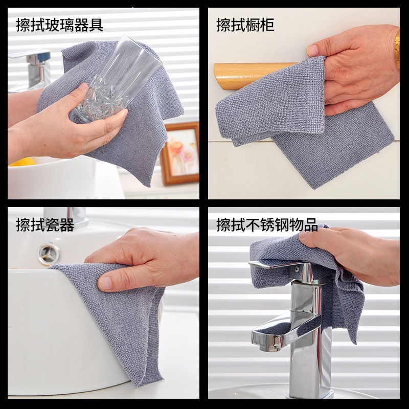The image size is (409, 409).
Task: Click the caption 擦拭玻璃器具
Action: click(x=59, y=25)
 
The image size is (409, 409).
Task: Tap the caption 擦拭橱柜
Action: click(x=245, y=25)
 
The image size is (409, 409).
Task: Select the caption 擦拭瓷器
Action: click(x=45, y=224)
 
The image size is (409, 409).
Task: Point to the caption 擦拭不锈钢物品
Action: click(x=267, y=224)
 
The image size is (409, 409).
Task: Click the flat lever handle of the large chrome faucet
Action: click(x=277, y=265)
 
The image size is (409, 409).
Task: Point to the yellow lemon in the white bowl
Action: click(x=22, y=162)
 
